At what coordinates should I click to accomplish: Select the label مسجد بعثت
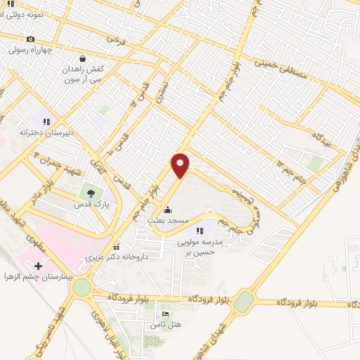[167, 221]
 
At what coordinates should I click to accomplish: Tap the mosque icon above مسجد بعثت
[167, 210]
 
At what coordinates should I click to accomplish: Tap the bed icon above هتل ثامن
[165, 314]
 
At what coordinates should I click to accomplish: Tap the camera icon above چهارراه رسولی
[30, 39]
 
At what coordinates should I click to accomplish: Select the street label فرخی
[113, 40]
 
